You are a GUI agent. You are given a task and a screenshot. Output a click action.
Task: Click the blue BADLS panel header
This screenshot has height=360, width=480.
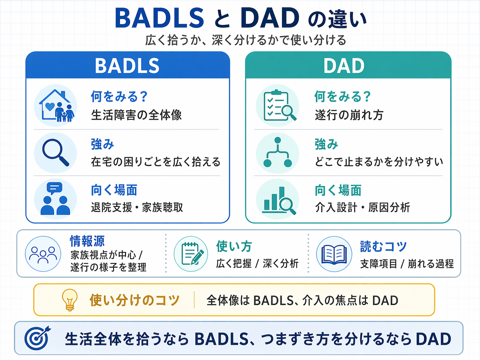(128, 65)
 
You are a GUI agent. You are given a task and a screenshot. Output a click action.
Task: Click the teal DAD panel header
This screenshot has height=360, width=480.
(348, 65)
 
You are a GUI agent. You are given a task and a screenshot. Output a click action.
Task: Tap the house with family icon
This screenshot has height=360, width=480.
(56, 106)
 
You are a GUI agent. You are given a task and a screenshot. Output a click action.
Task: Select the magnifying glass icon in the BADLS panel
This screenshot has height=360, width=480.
(55, 153)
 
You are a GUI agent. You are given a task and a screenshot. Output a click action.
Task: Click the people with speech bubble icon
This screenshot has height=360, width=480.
(55, 199)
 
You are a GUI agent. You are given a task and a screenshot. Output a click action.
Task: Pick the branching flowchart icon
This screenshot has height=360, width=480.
(277, 153)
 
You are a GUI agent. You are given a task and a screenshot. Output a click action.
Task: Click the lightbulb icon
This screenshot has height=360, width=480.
(70, 300)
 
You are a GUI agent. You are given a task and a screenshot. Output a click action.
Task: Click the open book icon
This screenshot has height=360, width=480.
(334, 254)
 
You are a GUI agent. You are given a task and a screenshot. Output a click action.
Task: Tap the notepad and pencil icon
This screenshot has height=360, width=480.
(191, 254)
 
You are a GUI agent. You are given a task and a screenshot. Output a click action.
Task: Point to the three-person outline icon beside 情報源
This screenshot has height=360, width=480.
(43, 254)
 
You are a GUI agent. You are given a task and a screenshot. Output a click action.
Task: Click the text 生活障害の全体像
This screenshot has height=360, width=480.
(136, 115)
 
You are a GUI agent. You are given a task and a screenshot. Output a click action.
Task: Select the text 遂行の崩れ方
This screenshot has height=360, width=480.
(349, 115)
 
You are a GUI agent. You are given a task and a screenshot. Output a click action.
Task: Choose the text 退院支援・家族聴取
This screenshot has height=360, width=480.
(137, 208)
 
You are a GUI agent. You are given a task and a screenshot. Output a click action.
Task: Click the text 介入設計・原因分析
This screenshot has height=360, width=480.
(362, 208)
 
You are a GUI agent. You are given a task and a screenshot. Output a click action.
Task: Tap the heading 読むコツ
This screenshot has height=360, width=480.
(383, 247)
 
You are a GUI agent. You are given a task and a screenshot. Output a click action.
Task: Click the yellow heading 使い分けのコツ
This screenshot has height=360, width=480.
(135, 300)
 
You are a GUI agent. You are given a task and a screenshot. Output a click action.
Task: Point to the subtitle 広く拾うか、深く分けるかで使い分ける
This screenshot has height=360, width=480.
(246, 40)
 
